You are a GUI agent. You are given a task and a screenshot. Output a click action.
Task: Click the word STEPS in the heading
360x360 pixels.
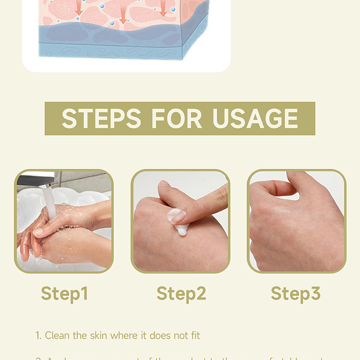click(x=102, y=119)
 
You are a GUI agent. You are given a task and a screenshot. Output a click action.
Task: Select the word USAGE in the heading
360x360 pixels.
click(x=255, y=119)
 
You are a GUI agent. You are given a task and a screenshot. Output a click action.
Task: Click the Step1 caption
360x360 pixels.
click(x=64, y=293)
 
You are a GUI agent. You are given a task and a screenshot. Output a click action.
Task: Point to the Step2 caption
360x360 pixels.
click(x=181, y=293)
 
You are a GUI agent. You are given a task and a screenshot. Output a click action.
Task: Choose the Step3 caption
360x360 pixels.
click(x=295, y=293)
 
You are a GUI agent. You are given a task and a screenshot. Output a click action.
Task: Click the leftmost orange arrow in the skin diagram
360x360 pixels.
click(x=79, y=7)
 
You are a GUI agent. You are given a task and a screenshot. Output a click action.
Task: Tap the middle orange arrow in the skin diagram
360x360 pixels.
click(x=123, y=17)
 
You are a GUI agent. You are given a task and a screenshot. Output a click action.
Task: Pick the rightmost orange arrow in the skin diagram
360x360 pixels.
click(x=164, y=7)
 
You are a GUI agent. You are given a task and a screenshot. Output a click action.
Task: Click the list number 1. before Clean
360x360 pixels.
click(x=38, y=336)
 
